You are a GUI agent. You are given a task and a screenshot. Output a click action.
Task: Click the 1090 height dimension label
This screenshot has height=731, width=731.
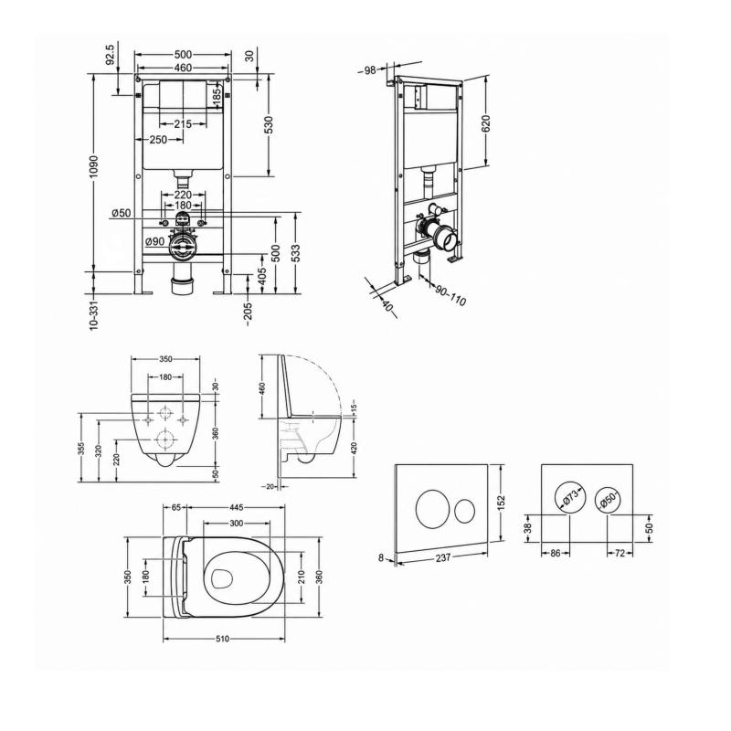coord(94,166)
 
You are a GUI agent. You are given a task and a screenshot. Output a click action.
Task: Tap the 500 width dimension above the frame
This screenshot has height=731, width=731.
coord(183,55)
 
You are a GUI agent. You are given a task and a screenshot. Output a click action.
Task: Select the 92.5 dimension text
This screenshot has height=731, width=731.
coord(111,56)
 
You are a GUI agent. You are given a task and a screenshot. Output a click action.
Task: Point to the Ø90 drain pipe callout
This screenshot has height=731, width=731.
coord(154,241)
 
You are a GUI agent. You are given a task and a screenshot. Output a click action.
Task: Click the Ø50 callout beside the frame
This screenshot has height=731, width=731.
coord(122,214)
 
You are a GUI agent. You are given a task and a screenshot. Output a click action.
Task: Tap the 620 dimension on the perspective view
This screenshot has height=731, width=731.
coord(485,123)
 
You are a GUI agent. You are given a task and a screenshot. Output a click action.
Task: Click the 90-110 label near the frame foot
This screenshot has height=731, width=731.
coord(450,295)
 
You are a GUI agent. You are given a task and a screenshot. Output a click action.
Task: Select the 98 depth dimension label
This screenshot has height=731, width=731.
coord(370,70)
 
